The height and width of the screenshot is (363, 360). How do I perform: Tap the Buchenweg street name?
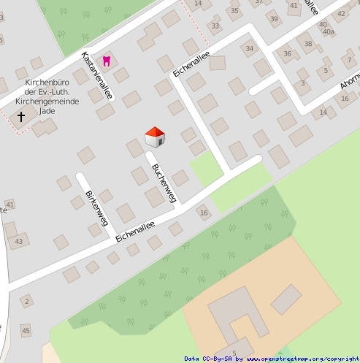click(164, 183)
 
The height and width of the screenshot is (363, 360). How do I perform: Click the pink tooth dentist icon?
click(107, 61)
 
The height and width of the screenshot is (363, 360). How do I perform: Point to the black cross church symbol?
click(20, 115)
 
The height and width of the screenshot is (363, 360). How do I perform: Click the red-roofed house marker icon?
click(155, 136)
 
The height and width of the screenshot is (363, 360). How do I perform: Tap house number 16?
click(204, 213)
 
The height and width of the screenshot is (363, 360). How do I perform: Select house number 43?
click(18, 241)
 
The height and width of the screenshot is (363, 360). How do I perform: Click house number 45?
click(26, 331)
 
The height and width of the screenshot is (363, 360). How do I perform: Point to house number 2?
click(27, 301)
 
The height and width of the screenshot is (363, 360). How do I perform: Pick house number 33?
click(215, 26)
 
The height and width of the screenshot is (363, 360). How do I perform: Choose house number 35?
click(234, 10)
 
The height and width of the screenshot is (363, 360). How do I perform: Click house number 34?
click(250, 49)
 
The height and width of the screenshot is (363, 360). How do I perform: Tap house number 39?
click(274, 19)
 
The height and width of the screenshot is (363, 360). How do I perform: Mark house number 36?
click(288, 53)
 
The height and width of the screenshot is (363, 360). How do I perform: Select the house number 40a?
click(328, 32)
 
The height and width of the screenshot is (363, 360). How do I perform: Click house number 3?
click(302, 83)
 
